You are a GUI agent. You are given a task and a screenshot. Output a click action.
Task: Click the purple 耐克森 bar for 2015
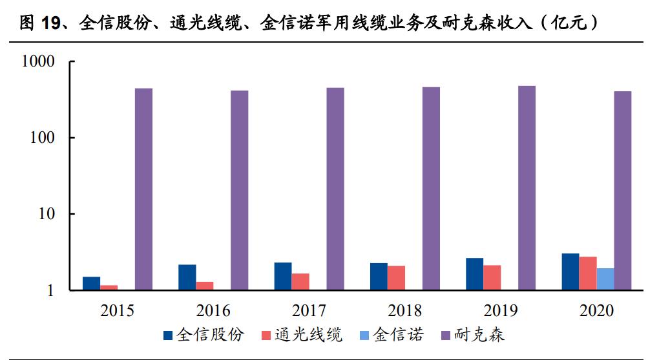tap(143, 189)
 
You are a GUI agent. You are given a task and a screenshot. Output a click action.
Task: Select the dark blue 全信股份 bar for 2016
tap(187, 277)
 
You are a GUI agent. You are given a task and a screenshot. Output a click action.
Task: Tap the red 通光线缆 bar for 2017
tap(300, 282)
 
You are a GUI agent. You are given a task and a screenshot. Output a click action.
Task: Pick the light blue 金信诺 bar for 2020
tap(605, 279)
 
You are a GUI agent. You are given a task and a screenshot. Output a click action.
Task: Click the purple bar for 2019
tap(527, 187)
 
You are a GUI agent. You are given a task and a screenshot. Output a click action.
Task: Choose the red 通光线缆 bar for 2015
tap(109, 288)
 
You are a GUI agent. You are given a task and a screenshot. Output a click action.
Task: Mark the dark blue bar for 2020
tap(570, 271)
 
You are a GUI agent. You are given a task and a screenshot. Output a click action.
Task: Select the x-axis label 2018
tap(404, 310)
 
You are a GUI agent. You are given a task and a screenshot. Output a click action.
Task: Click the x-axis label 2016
tap(213, 310)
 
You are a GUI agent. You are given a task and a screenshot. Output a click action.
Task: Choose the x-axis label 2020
tap(596, 310)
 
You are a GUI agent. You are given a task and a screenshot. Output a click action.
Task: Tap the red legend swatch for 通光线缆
tap(265, 335)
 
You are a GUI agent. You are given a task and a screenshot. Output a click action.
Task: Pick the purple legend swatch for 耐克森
tap(445, 335)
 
